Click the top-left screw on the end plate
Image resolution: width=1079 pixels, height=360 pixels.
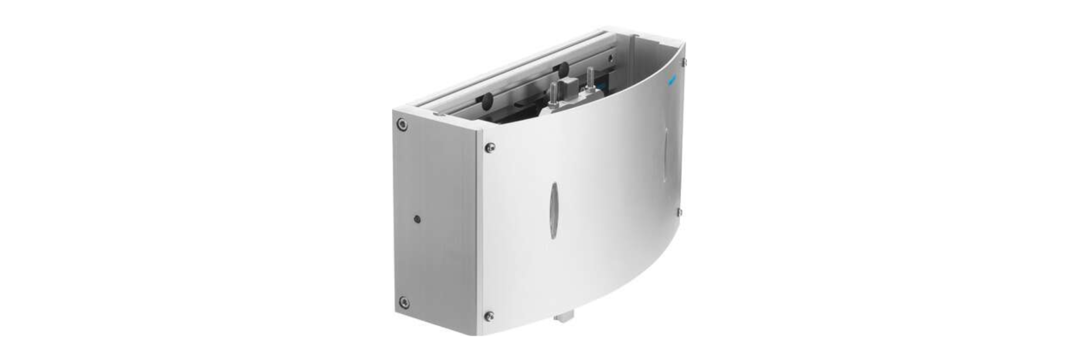coord(402,124)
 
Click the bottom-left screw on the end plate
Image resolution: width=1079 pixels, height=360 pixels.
coord(404,302)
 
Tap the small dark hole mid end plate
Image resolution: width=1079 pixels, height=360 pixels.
coord(418,218)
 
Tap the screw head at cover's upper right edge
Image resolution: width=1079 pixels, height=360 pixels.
coord(684,62)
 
